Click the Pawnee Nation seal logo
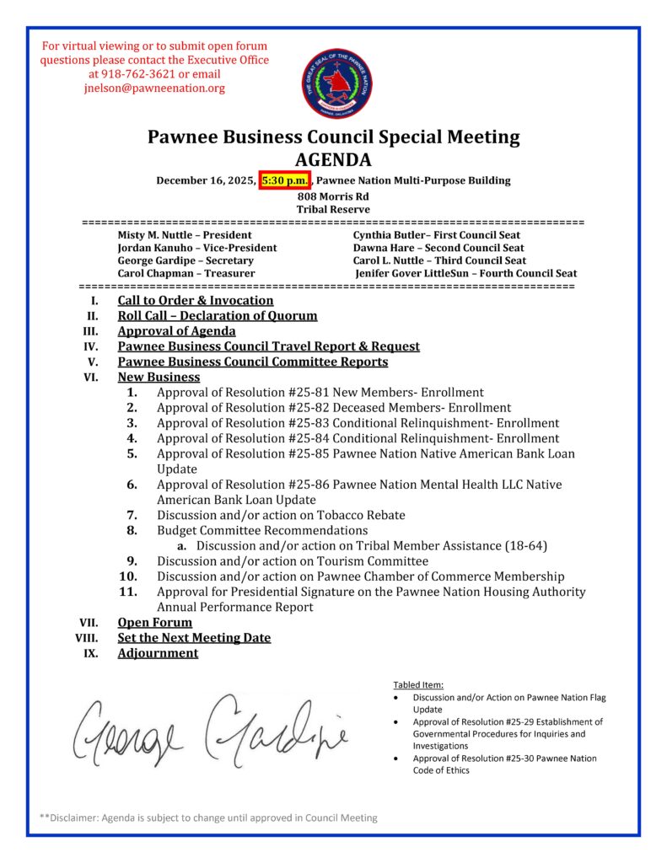click(337, 83)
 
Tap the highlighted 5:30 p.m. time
click(286, 180)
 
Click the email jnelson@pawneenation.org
click(154, 88)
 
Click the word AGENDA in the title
click(333, 160)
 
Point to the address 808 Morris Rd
click(333, 196)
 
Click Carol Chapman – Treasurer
click(186, 273)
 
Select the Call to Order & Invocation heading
click(196, 300)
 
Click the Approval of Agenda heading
click(176, 331)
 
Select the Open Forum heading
click(154, 622)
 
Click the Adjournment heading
click(158, 653)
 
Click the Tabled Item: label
click(418, 684)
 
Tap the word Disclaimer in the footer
click(76, 817)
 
